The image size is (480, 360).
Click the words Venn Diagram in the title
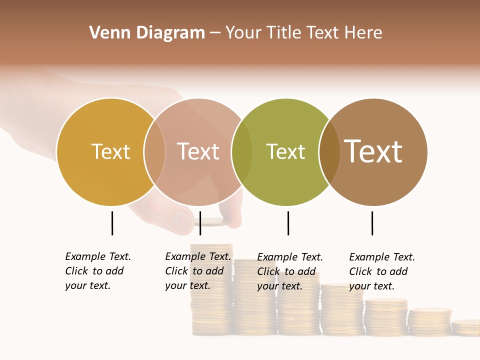tap(147, 33)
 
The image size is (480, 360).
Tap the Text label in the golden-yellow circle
tap(110, 151)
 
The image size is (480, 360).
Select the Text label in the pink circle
tap(198, 151)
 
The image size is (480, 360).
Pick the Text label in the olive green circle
tap(285, 151)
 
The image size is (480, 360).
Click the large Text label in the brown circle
tap(373, 151)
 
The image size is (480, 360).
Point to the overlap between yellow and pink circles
tap(154, 152)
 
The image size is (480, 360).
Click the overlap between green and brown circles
tap(329, 152)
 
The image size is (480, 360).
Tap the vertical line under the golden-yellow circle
tap(112, 223)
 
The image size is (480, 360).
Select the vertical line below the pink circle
tap(200, 223)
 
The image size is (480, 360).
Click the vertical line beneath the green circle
tap(288, 223)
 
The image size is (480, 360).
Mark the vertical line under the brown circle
tap(372, 223)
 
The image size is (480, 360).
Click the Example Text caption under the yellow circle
tap(98, 271)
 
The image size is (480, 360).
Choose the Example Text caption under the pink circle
tap(198, 271)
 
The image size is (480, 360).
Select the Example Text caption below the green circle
tap(290, 271)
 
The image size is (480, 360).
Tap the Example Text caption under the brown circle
tap(382, 271)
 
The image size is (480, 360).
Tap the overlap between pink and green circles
tap(242, 152)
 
